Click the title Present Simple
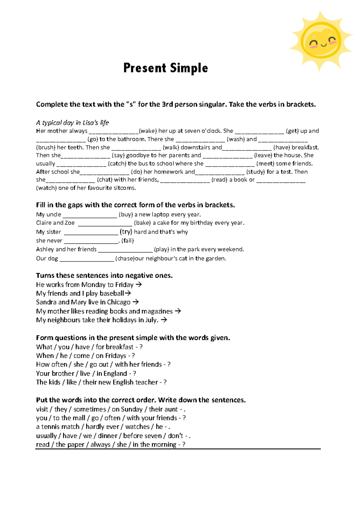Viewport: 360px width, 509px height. [166, 68]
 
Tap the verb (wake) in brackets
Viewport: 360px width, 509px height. [148, 131]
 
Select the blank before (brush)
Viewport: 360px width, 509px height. [283, 139]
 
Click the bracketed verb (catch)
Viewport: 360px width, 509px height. [117, 164]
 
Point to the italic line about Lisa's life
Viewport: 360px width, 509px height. [72, 123]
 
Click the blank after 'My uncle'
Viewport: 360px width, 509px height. [90, 215]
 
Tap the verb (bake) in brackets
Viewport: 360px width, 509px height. [142, 223]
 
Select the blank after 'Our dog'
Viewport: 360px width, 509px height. [87, 259]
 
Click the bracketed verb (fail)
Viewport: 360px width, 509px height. [128, 241]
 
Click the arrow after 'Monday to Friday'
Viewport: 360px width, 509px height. [139, 285]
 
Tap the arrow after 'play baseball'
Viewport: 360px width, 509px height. [128, 293]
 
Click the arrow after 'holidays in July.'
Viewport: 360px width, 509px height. [164, 320]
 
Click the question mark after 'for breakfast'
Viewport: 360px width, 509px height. [141, 347]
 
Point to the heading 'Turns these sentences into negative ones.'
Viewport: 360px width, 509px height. [104, 276]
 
